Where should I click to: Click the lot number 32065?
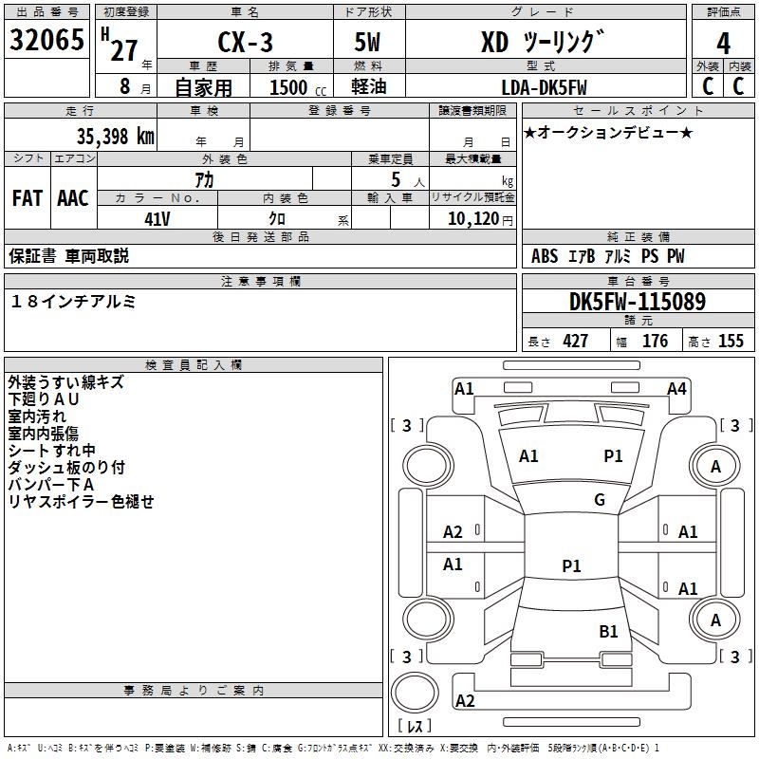click(x=46, y=40)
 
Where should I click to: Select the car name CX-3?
click(x=245, y=42)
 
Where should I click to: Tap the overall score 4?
click(x=723, y=44)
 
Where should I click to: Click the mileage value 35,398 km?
click(x=115, y=137)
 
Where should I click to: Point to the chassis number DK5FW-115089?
click(x=638, y=302)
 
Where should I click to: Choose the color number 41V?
click(x=157, y=219)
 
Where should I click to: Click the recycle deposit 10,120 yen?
click(x=480, y=219)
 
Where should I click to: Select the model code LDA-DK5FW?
click(x=544, y=87)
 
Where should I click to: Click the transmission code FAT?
click(x=28, y=198)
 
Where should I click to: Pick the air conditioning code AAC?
click(x=73, y=198)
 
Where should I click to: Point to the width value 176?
click(x=655, y=341)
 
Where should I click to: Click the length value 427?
click(x=576, y=341)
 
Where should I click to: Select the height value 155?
click(x=731, y=341)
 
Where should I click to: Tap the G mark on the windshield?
click(x=600, y=499)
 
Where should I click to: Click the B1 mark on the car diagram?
click(x=608, y=631)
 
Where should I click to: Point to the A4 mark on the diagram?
click(x=676, y=389)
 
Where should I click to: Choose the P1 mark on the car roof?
click(x=571, y=565)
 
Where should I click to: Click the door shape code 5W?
click(x=367, y=42)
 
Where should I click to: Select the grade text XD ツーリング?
click(x=543, y=42)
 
